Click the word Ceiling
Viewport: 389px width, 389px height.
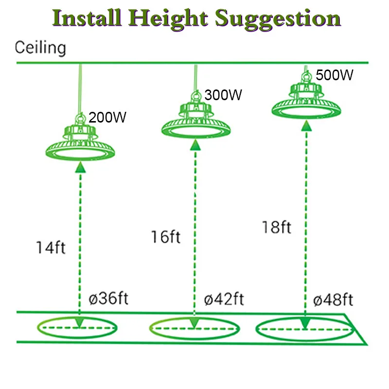pos(40,48)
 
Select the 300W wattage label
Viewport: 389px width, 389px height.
pos(223,95)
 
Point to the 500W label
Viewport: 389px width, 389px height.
pos(334,75)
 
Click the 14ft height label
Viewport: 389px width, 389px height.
pos(50,247)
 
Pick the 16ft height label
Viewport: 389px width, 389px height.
pos(165,237)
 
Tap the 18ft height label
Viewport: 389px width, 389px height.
pos(276,227)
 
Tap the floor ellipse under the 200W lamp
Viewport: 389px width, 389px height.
pos(78,328)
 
